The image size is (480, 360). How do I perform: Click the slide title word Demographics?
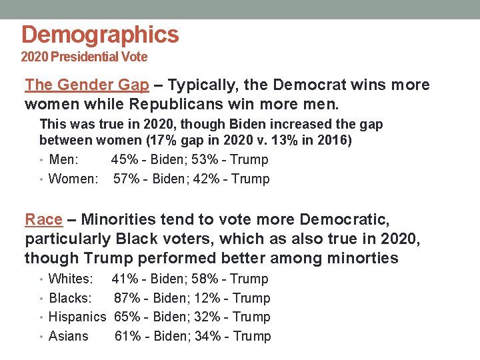pyautogui.click(x=100, y=35)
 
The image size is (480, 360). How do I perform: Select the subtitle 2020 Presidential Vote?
pyautogui.click(x=84, y=57)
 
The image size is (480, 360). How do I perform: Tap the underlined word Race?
pyautogui.click(x=43, y=219)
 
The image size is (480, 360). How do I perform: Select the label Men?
pyautogui.click(x=64, y=160)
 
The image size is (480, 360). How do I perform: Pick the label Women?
pyautogui.click(x=73, y=179)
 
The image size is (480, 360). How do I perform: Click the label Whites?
pyautogui.click(x=71, y=279)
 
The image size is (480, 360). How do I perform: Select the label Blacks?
pyautogui.click(x=70, y=299)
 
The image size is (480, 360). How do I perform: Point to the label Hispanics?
pyautogui.click(x=77, y=317)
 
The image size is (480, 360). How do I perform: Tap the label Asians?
pyautogui.click(x=68, y=337)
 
